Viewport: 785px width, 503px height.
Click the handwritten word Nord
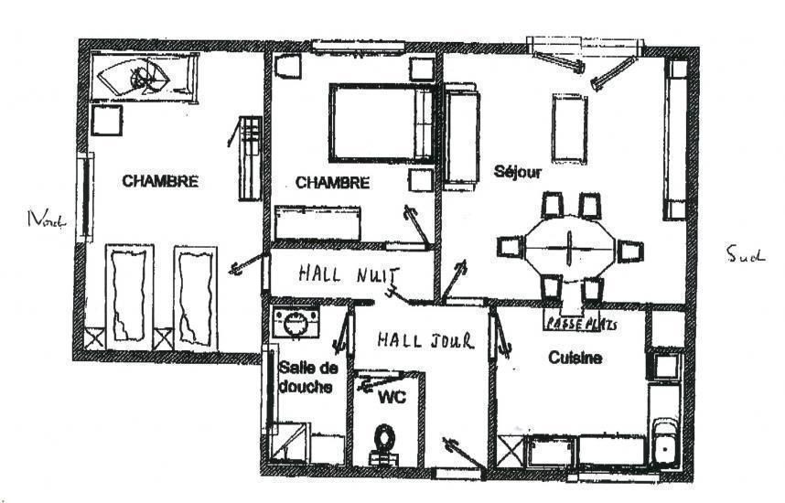point(47,219)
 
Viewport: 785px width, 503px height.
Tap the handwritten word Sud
point(746,254)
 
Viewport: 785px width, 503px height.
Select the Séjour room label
point(517,172)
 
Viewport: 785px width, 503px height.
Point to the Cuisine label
point(575,358)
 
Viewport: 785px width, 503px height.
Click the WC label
point(392,398)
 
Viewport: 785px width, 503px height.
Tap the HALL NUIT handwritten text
point(349,274)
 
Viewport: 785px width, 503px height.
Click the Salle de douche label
point(308,377)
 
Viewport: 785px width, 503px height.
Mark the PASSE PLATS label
point(581,325)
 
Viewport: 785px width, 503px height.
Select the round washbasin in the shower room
point(296,324)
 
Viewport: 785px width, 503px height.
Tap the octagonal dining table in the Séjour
point(570,247)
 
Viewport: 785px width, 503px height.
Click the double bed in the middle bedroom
point(381,123)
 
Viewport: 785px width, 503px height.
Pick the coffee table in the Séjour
point(570,128)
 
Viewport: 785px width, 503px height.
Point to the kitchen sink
point(665,444)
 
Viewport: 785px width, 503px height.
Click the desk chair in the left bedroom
point(107,120)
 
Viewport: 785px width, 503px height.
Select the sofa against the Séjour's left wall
point(460,136)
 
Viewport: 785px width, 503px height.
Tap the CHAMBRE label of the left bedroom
point(160,181)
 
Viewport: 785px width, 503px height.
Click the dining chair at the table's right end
point(629,251)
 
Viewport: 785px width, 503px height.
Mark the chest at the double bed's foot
point(317,223)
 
